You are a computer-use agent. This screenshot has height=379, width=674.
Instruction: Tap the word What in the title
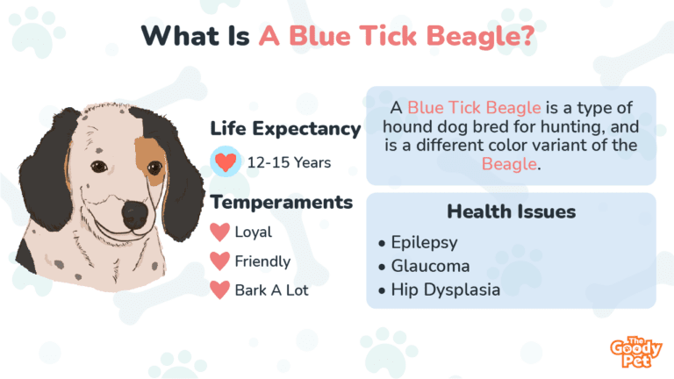tap(180, 35)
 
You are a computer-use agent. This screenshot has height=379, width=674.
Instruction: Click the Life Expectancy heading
tap(285, 128)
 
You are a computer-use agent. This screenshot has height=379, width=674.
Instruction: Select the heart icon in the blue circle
tap(226, 161)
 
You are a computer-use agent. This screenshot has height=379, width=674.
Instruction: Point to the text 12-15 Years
tap(289, 163)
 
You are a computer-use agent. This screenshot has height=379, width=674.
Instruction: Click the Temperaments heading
tap(282, 202)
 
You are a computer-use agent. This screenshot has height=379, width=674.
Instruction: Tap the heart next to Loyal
tap(219, 232)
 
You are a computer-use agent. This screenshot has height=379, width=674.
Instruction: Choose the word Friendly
tap(262, 261)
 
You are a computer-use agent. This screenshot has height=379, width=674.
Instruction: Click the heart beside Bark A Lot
tap(219, 290)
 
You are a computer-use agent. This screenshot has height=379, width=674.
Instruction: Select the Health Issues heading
tap(511, 211)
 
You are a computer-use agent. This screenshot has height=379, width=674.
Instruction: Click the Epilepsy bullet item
tap(419, 243)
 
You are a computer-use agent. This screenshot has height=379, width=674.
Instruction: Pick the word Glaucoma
tap(430, 266)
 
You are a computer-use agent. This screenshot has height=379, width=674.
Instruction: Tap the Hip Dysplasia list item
tap(440, 290)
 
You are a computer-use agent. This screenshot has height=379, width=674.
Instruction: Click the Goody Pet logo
tap(635, 352)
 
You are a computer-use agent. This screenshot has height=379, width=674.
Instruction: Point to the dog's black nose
tap(135, 213)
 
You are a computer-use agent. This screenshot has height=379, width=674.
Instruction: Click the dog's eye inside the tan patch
tap(154, 168)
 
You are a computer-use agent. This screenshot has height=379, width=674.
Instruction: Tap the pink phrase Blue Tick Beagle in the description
tap(474, 107)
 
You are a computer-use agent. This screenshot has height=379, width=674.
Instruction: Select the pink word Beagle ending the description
tap(509, 164)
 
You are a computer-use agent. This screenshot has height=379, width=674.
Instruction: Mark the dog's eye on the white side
tap(99, 167)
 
